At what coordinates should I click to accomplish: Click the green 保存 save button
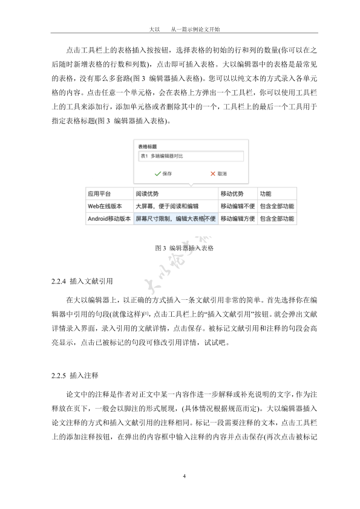163,173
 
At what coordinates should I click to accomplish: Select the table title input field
189,156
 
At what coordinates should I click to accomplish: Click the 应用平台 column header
100,194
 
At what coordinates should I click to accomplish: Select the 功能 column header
266,194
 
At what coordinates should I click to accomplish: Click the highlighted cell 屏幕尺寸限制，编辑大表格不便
175,218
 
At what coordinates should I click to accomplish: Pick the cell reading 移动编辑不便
237,206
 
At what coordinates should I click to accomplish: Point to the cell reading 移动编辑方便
237,218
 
